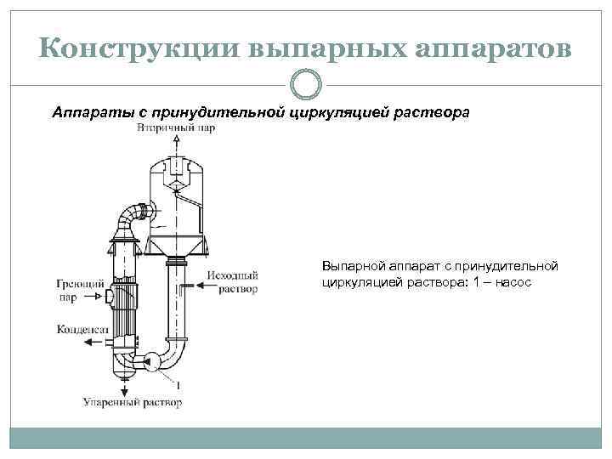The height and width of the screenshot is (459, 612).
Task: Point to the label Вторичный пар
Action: tap(175, 128)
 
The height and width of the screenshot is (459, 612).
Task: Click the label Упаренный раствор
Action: tap(132, 401)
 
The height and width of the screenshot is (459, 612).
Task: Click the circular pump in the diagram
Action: tap(151, 361)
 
